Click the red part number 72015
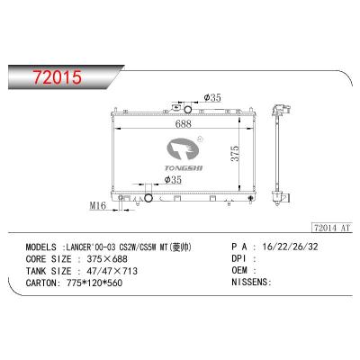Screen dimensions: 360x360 [x=58, y=76]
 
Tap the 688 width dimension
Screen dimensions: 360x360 [x=184, y=123]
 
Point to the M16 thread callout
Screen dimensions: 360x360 [x=98, y=206]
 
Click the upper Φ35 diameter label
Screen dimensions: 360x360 [x=212, y=97]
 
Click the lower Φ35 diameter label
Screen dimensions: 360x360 [x=173, y=179]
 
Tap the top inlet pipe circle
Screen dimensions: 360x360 [x=188, y=110]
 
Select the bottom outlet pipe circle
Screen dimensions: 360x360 [x=148, y=198]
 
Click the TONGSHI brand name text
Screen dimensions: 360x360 [x=179, y=168]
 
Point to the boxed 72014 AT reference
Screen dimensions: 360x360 [x=331, y=228]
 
